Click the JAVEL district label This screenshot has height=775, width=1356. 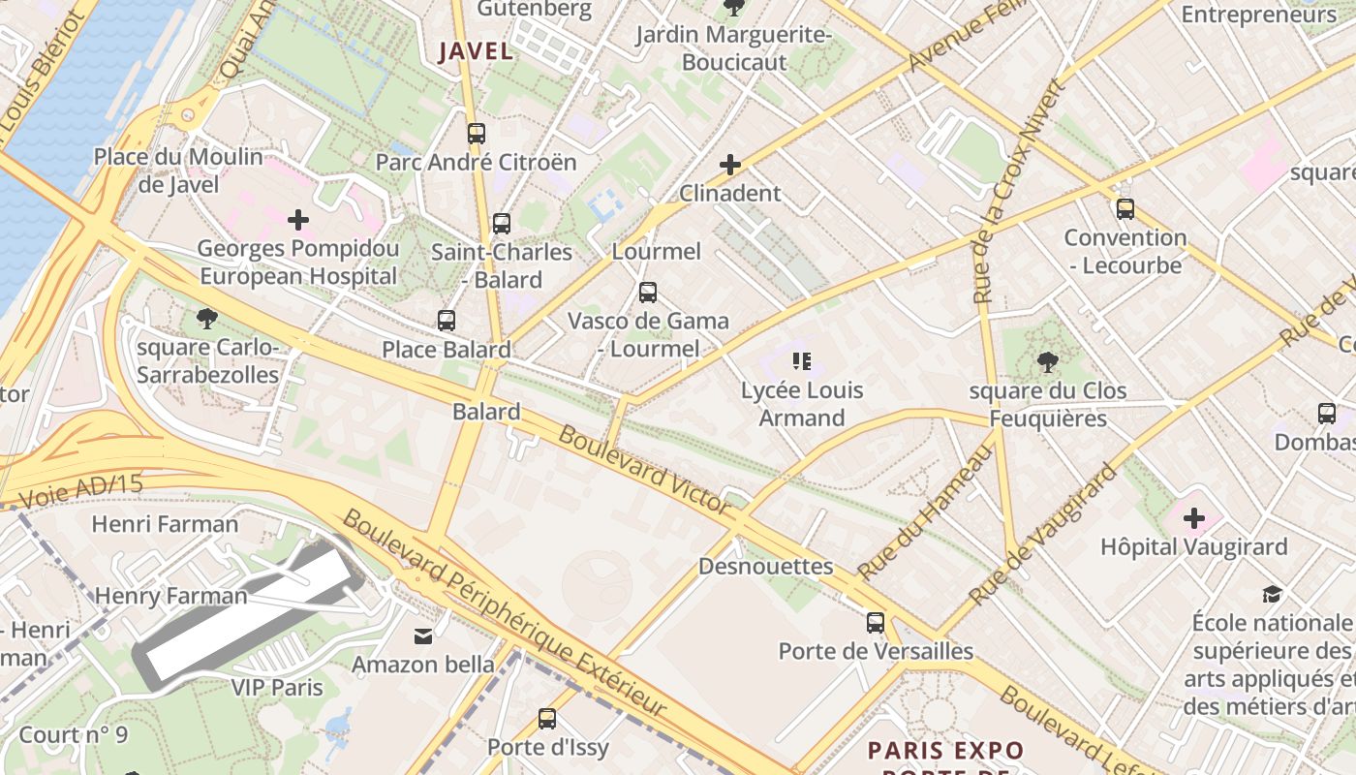tap(475, 51)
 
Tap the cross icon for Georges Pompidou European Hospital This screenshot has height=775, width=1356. tap(298, 220)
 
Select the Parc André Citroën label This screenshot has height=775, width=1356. tap(476, 162)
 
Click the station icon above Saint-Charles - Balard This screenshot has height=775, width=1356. tap(501, 224)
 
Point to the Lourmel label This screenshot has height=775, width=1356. tap(656, 252)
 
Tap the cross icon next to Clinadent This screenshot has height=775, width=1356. tap(730, 165)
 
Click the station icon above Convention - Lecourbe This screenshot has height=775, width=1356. tap(1125, 209)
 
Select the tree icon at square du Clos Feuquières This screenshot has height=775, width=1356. tap(1047, 362)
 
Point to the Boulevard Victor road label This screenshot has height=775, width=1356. tap(644, 470)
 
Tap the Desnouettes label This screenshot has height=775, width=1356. tap(765, 566)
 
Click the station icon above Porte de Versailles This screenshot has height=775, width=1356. tap(876, 623)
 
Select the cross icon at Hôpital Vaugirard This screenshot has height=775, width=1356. tap(1194, 518)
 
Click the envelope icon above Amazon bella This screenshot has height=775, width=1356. tap(423, 636)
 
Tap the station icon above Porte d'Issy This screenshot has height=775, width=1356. tap(547, 719)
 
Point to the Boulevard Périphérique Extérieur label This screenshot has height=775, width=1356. tap(504, 612)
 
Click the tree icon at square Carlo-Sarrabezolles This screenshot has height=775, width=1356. tap(206, 319)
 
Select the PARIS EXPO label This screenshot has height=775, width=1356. tap(945, 751)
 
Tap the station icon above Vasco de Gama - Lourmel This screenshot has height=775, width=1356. tap(648, 293)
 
